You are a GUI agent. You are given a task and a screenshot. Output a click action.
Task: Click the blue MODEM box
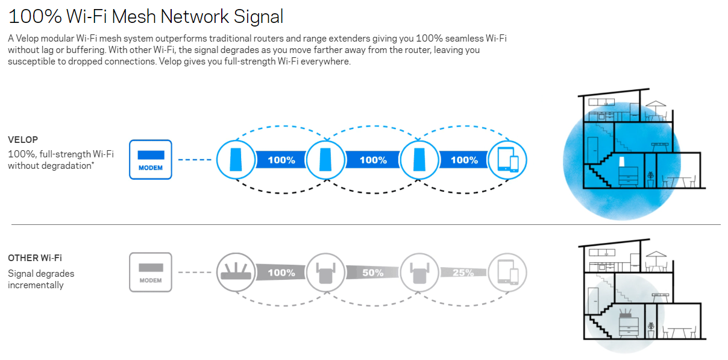pyautogui.click(x=151, y=160)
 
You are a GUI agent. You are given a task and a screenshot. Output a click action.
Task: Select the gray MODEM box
pyautogui.click(x=151, y=273)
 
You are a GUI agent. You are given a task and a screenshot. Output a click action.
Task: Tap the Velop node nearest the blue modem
pyautogui.click(x=235, y=160)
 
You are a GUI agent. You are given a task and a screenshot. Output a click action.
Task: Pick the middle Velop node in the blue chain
pyautogui.click(x=325, y=160)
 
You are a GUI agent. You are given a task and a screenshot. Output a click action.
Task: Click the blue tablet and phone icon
pyautogui.click(x=507, y=160)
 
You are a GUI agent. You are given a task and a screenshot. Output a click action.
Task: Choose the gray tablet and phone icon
pyautogui.click(x=507, y=273)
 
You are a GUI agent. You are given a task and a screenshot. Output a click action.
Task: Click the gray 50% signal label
pyautogui.click(x=372, y=273)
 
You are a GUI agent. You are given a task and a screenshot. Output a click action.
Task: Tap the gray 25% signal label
pyautogui.click(x=463, y=273)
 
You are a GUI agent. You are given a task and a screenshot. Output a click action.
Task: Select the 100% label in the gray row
pyautogui.click(x=281, y=273)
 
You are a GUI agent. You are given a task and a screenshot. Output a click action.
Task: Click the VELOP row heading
pyautogui.click(x=23, y=139)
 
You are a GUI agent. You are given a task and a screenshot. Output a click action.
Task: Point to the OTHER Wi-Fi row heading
pyautogui.click(x=34, y=258)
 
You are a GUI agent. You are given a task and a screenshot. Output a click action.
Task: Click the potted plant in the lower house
pyautogui.click(x=650, y=329)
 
